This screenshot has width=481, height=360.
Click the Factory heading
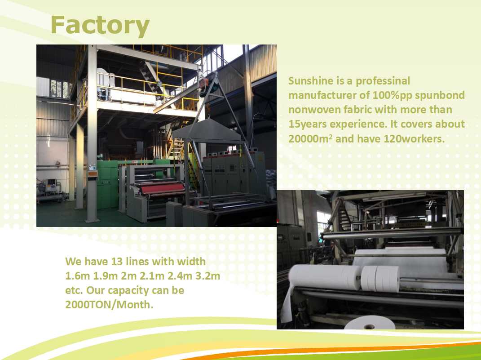[x=100, y=26]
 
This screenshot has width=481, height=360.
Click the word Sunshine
[x=311, y=81]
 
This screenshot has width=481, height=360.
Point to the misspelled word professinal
[x=383, y=81]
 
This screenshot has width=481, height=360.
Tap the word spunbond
[x=440, y=95]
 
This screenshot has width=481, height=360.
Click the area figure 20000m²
[x=310, y=138]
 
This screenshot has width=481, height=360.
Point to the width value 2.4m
[x=180, y=276]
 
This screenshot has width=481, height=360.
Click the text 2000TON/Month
[x=109, y=304]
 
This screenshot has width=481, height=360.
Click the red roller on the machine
[x=162, y=188]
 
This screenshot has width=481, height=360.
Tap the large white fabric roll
[x=325, y=277]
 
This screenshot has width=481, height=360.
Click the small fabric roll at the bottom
[x=369, y=323]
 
